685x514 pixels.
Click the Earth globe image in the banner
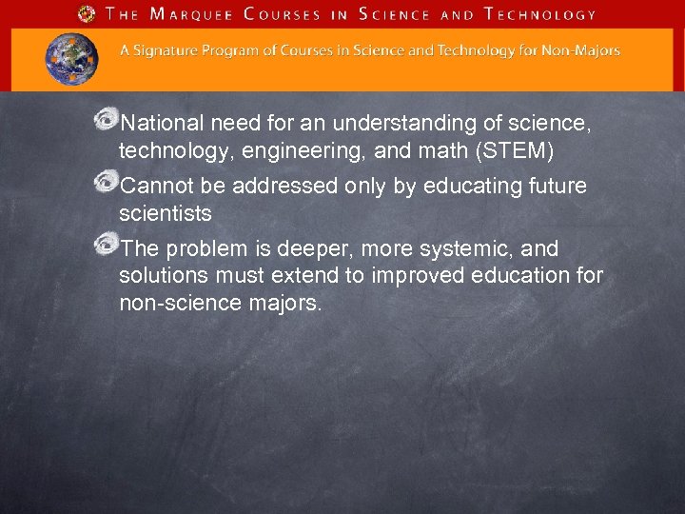click(x=71, y=58)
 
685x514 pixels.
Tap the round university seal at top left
click(x=88, y=14)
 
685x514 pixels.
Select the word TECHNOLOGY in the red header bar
click(x=539, y=14)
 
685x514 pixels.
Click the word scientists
click(x=166, y=212)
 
